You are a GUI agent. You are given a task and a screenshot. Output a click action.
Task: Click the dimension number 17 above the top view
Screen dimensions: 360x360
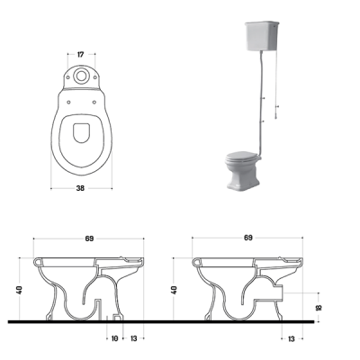click(80, 55)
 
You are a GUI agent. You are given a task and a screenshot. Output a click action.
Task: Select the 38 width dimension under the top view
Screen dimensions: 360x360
click(80, 188)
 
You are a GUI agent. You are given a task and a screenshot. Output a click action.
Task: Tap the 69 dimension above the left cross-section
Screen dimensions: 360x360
click(89, 238)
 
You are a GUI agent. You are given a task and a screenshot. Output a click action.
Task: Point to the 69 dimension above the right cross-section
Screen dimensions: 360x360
click(248, 238)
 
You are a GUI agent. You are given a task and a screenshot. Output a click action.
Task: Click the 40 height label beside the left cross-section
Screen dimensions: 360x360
click(20, 290)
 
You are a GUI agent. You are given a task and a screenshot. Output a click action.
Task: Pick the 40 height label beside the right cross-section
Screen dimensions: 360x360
click(175, 290)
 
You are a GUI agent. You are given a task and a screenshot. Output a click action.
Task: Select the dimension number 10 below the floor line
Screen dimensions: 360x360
click(114, 338)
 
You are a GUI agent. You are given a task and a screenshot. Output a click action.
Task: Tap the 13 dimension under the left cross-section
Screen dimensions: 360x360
click(134, 338)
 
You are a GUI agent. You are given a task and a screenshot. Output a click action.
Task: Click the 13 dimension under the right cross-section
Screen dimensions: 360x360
click(292, 339)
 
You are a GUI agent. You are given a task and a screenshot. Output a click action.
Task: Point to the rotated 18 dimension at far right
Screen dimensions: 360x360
click(319, 307)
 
